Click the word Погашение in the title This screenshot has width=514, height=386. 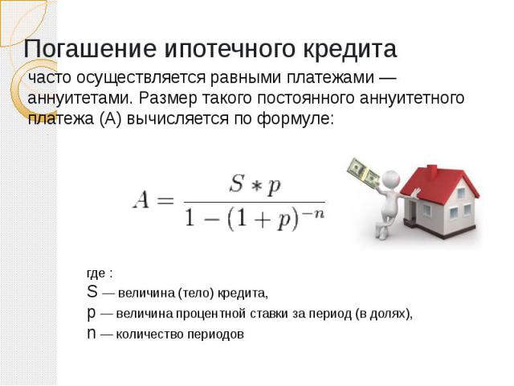(90, 49)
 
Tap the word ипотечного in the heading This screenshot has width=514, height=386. (229, 49)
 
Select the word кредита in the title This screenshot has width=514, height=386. (350, 49)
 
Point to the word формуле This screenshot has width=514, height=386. (295, 118)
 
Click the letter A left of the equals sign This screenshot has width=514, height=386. (141, 200)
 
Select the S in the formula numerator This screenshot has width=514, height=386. (237, 183)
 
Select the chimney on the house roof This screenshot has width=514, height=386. (432, 170)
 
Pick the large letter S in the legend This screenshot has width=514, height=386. (92, 291)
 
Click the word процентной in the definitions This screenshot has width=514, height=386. (211, 314)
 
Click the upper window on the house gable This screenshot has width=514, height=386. (461, 193)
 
